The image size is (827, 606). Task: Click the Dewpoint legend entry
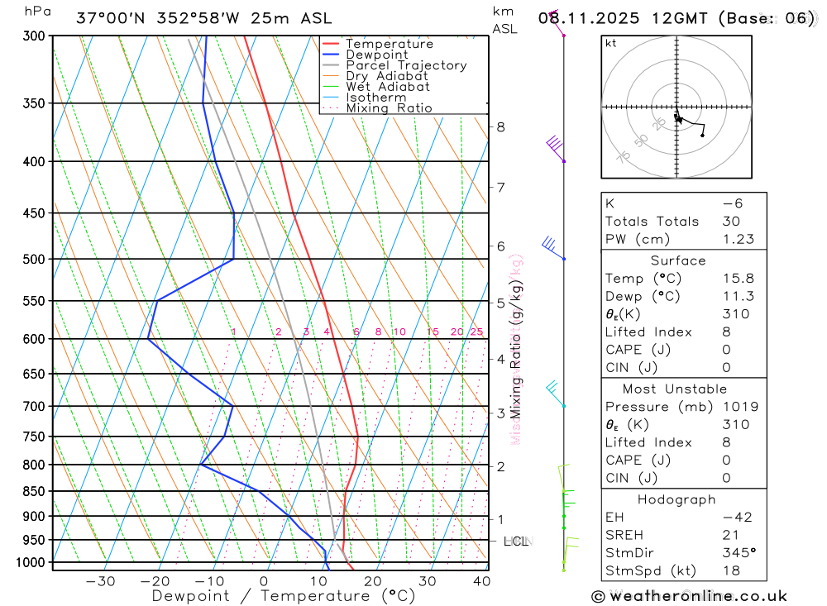[376, 55]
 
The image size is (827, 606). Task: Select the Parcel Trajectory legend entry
[406, 65]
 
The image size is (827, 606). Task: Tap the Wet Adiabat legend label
[387, 87]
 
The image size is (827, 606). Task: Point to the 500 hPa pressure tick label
[34, 260]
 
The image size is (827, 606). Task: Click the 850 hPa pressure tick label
[34, 492]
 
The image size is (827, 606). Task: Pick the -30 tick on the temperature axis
[101, 581]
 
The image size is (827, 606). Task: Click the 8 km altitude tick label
[500, 126]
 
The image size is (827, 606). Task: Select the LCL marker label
[515, 542]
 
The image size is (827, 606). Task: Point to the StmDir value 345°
[736, 553]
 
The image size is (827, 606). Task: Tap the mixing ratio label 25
[476, 332]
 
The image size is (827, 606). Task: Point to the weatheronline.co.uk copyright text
[690, 596]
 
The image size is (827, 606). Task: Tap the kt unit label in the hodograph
[611, 43]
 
